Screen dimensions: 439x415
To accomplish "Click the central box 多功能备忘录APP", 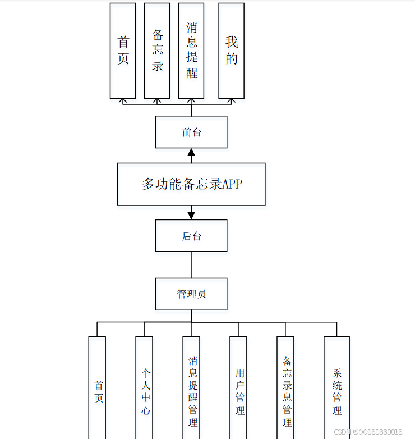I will coord(191,184).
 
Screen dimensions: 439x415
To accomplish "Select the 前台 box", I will coord(191,132).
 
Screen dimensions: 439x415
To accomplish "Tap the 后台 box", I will coord(191,236).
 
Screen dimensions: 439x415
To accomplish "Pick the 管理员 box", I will coord(191,294).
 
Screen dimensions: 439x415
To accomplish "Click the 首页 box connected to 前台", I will coord(123,51).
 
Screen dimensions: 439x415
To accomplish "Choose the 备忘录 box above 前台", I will coord(157,51).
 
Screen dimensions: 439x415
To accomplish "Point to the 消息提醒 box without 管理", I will coord(191,51).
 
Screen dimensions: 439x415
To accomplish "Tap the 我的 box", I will coord(231,51).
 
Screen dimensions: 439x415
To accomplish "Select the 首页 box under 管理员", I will coord(97,387).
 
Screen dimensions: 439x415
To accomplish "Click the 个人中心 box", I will coord(144,387).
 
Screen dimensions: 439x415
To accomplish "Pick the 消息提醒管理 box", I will coord(191,387).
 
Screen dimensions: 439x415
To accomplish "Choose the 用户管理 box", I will coord(238,387).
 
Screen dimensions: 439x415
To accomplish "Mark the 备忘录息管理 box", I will coord(285,387).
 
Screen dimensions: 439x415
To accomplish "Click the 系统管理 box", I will coord(336,387).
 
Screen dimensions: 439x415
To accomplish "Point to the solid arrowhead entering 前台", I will coord(191,152).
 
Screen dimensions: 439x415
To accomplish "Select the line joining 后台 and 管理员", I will coord(191,264).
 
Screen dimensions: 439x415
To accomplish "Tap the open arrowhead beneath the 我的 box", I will coord(231,101).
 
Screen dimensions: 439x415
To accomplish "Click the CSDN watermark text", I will coord(368,432).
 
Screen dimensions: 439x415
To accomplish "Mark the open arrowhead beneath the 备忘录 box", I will coord(157,101).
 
